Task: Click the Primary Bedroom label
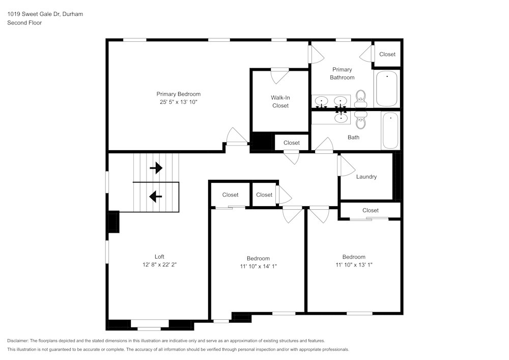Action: pos(178,94)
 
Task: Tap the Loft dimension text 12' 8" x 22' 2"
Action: pos(159,265)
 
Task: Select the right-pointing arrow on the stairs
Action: pos(156,168)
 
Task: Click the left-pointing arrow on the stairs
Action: pos(155,196)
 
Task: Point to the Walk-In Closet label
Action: pos(280,101)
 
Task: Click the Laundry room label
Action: pos(366,177)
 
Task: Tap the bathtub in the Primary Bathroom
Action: pos(387,89)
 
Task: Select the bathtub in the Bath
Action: pos(390,130)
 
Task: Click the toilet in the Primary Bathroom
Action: pos(361,98)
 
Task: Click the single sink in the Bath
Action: pos(341,118)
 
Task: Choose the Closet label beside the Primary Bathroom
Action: pos(387,54)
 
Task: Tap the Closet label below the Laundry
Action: pos(370,210)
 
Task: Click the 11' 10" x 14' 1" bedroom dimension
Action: pos(258,266)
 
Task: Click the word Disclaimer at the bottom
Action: pos(18,341)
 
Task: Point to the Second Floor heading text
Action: pos(24,23)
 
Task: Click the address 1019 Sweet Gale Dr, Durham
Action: pos(45,14)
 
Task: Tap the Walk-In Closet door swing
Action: pos(279,76)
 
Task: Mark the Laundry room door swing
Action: pos(346,166)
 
